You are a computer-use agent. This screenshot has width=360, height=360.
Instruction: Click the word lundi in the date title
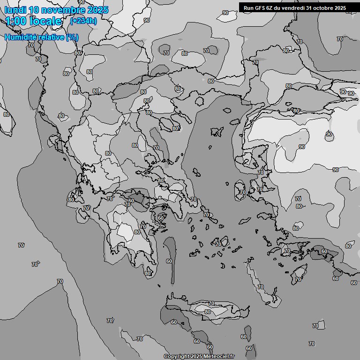click(16, 10)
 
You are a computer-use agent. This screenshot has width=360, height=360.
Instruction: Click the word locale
click(45, 21)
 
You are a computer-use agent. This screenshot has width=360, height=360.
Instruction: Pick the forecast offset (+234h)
click(83, 21)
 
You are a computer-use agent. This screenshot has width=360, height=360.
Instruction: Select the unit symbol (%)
click(72, 37)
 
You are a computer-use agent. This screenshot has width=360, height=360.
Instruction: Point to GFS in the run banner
click(260, 8)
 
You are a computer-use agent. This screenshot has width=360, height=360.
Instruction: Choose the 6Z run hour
click(270, 8)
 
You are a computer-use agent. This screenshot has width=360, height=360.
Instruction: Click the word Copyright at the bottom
click(176, 356)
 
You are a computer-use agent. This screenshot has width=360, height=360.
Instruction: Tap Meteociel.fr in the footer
click(218, 356)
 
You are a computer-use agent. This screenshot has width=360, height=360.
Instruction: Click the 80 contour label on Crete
click(207, 312)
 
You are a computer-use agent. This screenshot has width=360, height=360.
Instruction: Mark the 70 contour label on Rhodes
click(298, 279)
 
